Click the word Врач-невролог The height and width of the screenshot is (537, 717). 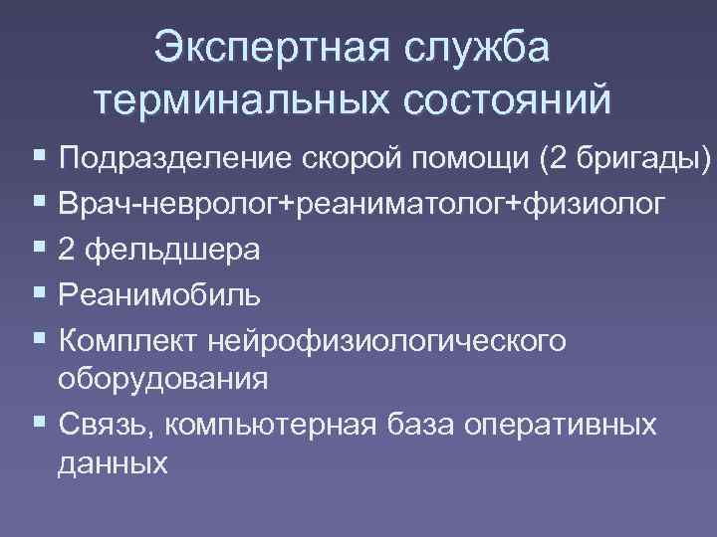[168, 204]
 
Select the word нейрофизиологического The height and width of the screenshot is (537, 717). [387, 341]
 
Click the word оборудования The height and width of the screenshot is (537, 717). [162, 380]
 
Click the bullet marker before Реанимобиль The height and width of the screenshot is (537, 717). [39, 294]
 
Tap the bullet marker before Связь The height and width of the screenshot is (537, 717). [39, 424]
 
